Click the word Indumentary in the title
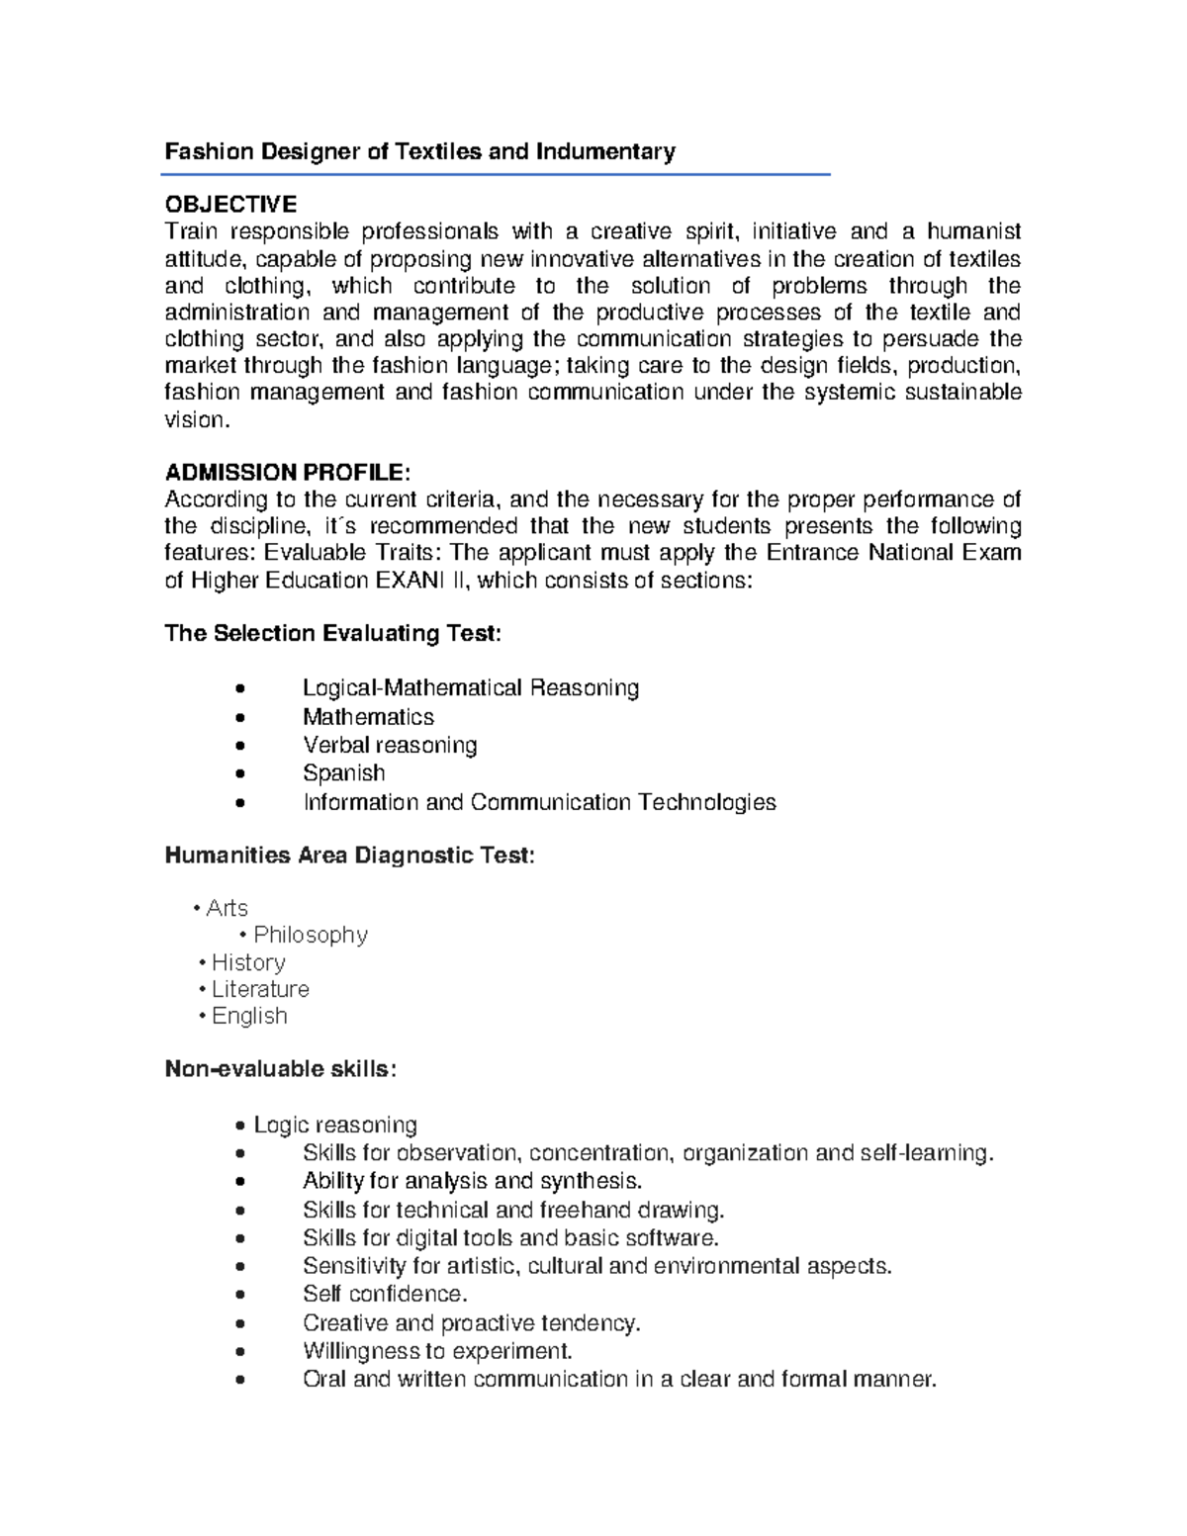pos(605,151)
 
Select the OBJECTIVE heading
pos(230,205)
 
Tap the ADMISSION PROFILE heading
pos(287,472)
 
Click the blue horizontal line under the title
pos(495,175)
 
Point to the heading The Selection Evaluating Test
pos(333,633)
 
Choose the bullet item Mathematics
pos(368,716)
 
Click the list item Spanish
pos(343,772)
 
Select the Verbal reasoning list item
pos(390,745)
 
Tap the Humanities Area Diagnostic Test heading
pos(349,856)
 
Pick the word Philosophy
pos(311,935)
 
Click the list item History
pos(248,962)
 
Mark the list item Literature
pos(260,989)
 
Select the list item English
pos(249,1016)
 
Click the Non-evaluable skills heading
pos(281,1069)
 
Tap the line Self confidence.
pos(385,1294)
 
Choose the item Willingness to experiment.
pos(437,1351)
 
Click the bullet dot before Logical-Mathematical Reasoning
pos(240,689)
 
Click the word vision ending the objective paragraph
pos(195,419)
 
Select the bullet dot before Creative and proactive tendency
pos(240,1324)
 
